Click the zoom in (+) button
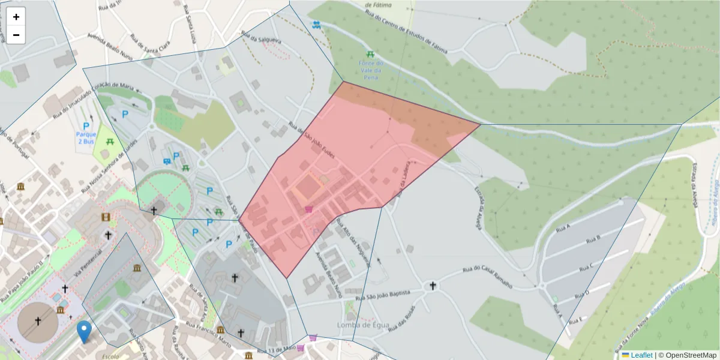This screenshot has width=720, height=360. (x=16, y=17)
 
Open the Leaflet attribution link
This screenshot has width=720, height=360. (x=641, y=355)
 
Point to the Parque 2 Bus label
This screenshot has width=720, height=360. (x=86, y=138)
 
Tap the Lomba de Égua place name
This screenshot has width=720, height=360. (x=363, y=325)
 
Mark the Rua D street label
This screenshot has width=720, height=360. (x=582, y=293)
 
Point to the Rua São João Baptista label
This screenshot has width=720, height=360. (x=383, y=295)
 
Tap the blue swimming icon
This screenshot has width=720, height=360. (x=316, y=25)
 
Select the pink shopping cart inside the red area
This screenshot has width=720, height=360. (x=309, y=209)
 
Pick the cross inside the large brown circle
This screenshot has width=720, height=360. (x=38, y=322)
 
